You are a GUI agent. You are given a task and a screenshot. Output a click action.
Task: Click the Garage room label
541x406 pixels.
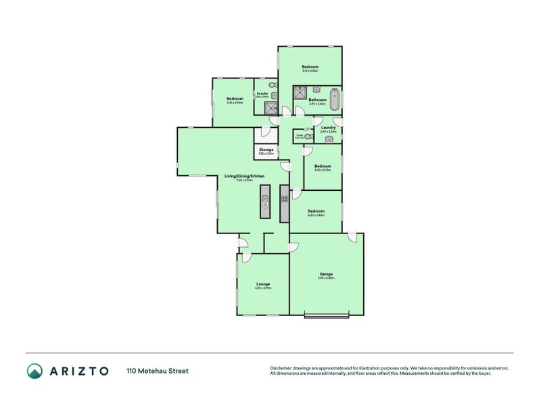[x=326, y=274]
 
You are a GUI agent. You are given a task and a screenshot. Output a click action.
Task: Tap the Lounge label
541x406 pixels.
[x=263, y=284]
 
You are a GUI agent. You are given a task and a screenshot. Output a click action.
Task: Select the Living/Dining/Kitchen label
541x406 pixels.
[x=244, y=176]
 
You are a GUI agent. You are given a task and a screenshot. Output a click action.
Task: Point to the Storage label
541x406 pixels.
[x=266, y=150]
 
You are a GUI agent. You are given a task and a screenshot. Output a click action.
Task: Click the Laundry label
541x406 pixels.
[x=329, y=127]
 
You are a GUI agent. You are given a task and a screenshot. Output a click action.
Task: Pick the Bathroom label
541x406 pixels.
[x=317, y=99]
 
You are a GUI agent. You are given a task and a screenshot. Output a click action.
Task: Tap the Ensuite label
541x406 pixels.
[x=262, y=93]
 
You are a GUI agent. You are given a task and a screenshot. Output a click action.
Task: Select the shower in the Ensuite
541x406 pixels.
[x=270, y=109]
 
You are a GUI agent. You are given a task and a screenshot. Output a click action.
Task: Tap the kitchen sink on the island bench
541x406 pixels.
[x=266, y=200]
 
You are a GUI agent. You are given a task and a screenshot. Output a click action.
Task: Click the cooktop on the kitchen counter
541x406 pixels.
[x=285, y=199]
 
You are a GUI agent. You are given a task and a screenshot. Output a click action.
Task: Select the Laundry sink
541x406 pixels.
[x=328, y=139]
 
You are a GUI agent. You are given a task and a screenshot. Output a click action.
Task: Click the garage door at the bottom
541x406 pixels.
[x=327, y=315]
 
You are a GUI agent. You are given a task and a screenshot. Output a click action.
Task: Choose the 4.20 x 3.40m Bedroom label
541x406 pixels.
[x=316, y=211]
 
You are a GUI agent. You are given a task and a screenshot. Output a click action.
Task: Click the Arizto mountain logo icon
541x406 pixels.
[x=34, y=371]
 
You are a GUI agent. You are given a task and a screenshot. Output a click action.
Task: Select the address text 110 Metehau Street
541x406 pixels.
[x=157, y=371]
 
